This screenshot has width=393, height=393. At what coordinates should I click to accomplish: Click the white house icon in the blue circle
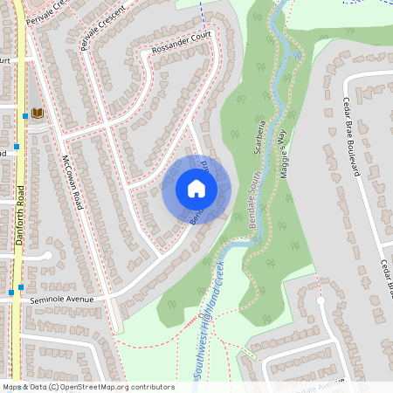pos(196,189)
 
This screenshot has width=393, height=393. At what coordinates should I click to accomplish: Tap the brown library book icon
pos(37,113)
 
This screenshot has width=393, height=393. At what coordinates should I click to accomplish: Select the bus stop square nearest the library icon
pos(24,114)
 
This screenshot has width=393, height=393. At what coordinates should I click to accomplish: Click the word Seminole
pos(49,300)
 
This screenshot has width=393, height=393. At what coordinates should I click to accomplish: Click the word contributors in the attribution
pos(154,387)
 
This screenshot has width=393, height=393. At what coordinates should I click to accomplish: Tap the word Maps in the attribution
pos(12,387)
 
